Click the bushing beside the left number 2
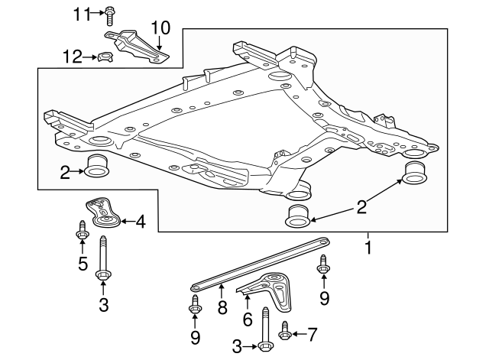click(99, 166)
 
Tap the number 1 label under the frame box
click(368, 248)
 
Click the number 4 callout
click(140, 223)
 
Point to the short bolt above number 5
click(81, 228)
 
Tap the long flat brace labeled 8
click(260, 264)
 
